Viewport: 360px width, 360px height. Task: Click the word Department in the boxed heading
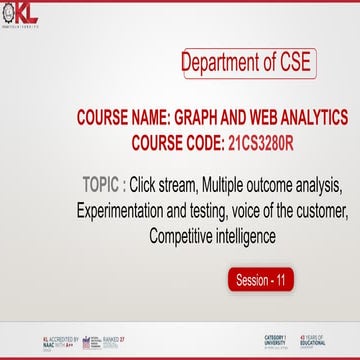tap(221, 63)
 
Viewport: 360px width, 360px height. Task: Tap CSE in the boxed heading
tap(292, 63)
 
